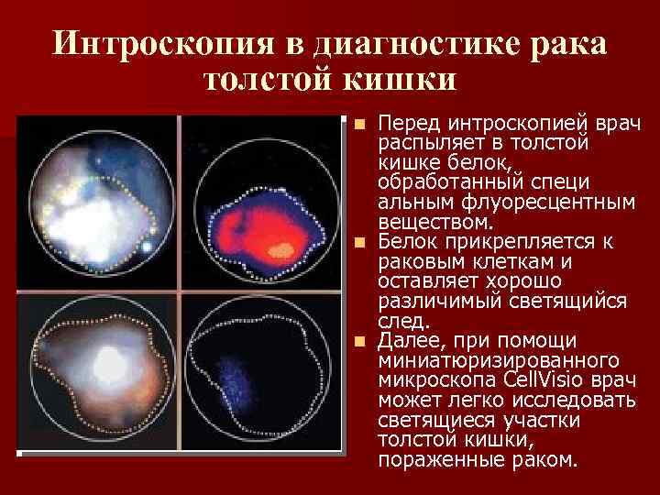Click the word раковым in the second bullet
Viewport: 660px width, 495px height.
tap(420, 261)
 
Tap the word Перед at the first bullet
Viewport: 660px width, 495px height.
tap(408, 123)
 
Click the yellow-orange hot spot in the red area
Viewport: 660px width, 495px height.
tap(285, 247)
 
